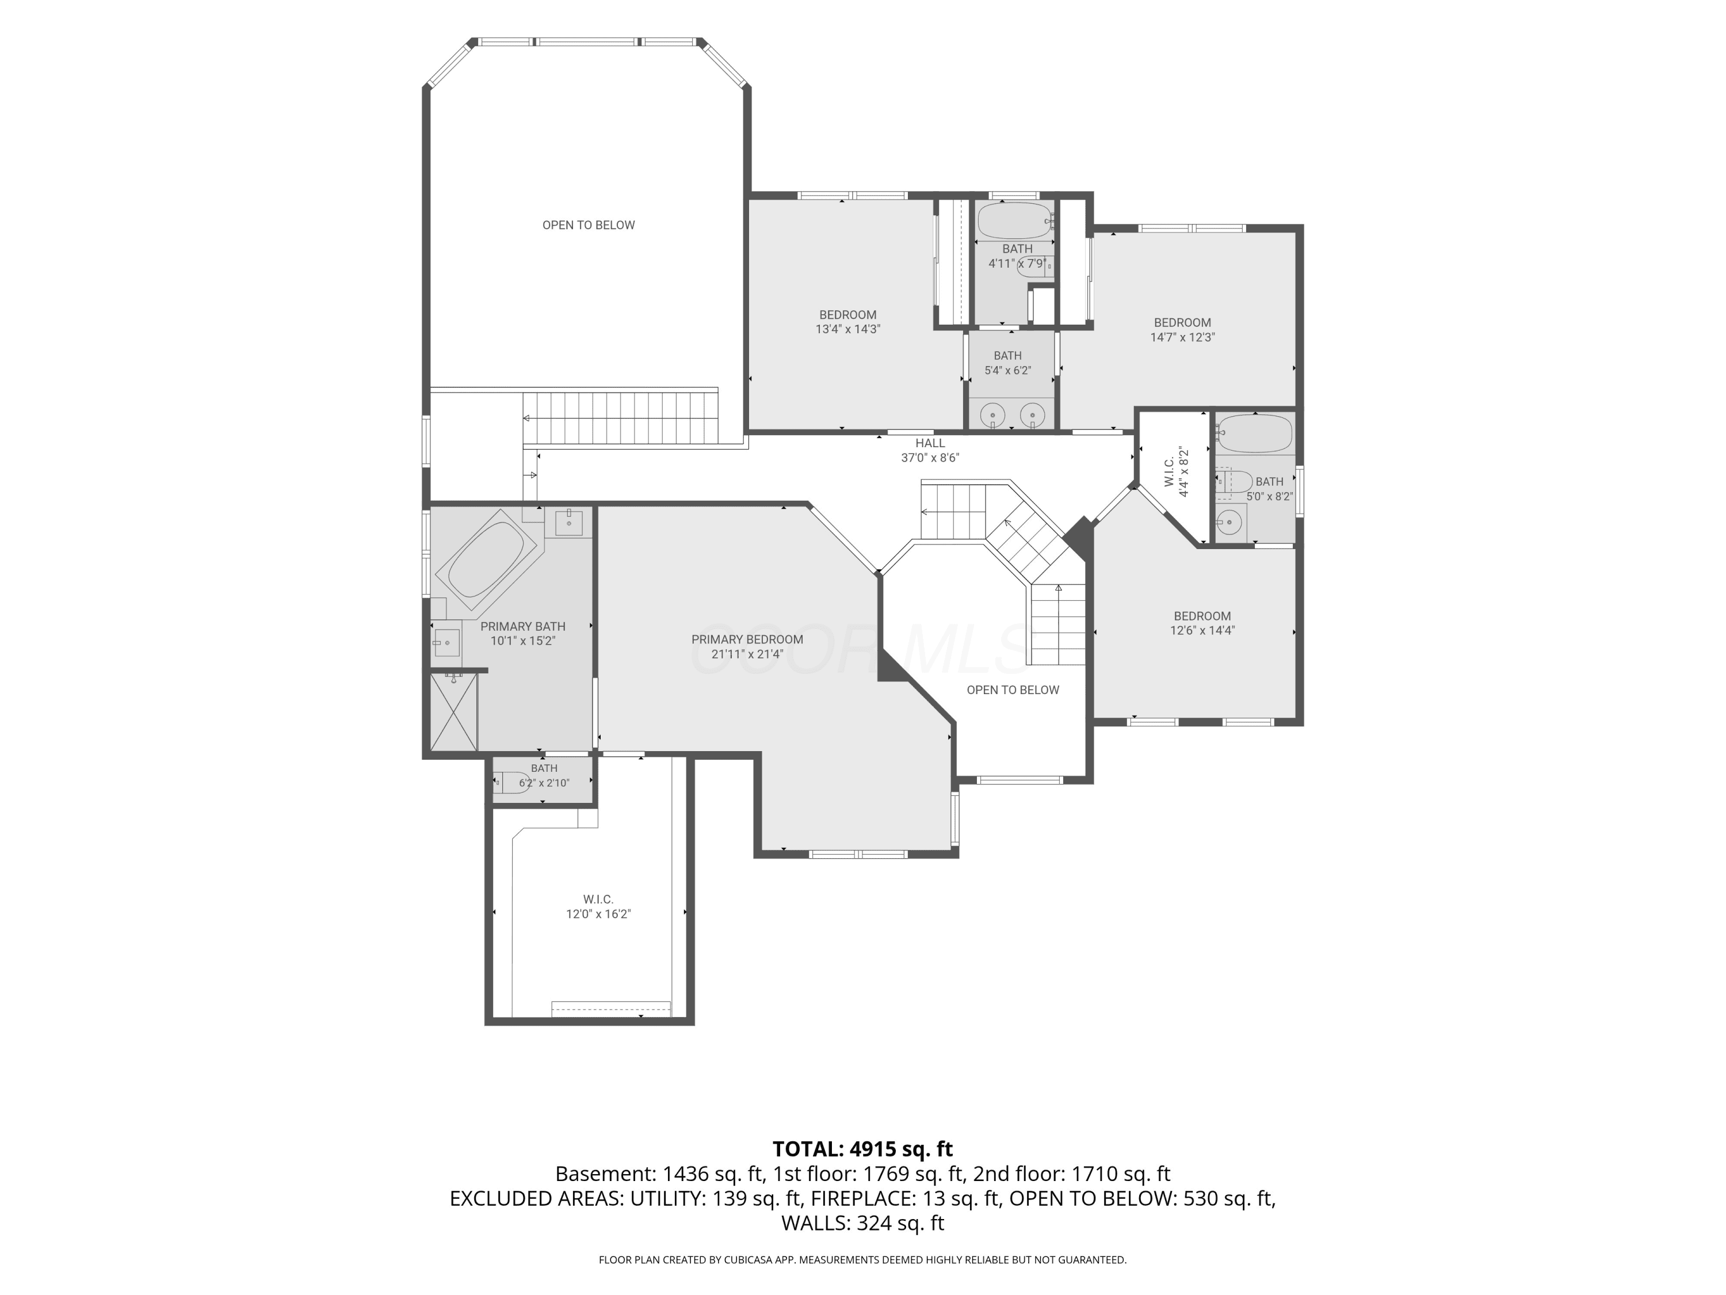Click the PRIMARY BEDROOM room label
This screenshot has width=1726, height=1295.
[747, 639]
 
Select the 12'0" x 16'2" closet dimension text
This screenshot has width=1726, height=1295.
[598, 914]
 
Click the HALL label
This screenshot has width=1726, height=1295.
[930, 443]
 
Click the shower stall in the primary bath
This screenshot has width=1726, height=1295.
[453, 712]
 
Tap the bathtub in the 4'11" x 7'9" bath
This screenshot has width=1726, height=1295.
[1014, 221]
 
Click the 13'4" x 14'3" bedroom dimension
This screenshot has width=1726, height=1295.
[848, 329]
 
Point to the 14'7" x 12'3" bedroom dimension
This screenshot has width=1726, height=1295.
[1182, 337]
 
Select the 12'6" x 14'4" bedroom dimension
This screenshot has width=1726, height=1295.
[1202, 631]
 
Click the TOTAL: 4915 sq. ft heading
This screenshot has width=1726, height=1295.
[863, 1149]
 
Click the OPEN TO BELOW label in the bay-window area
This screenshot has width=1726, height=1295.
[589, 225]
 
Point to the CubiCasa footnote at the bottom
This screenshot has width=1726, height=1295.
[863, 1259]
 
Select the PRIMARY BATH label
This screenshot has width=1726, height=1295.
[523, 626]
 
